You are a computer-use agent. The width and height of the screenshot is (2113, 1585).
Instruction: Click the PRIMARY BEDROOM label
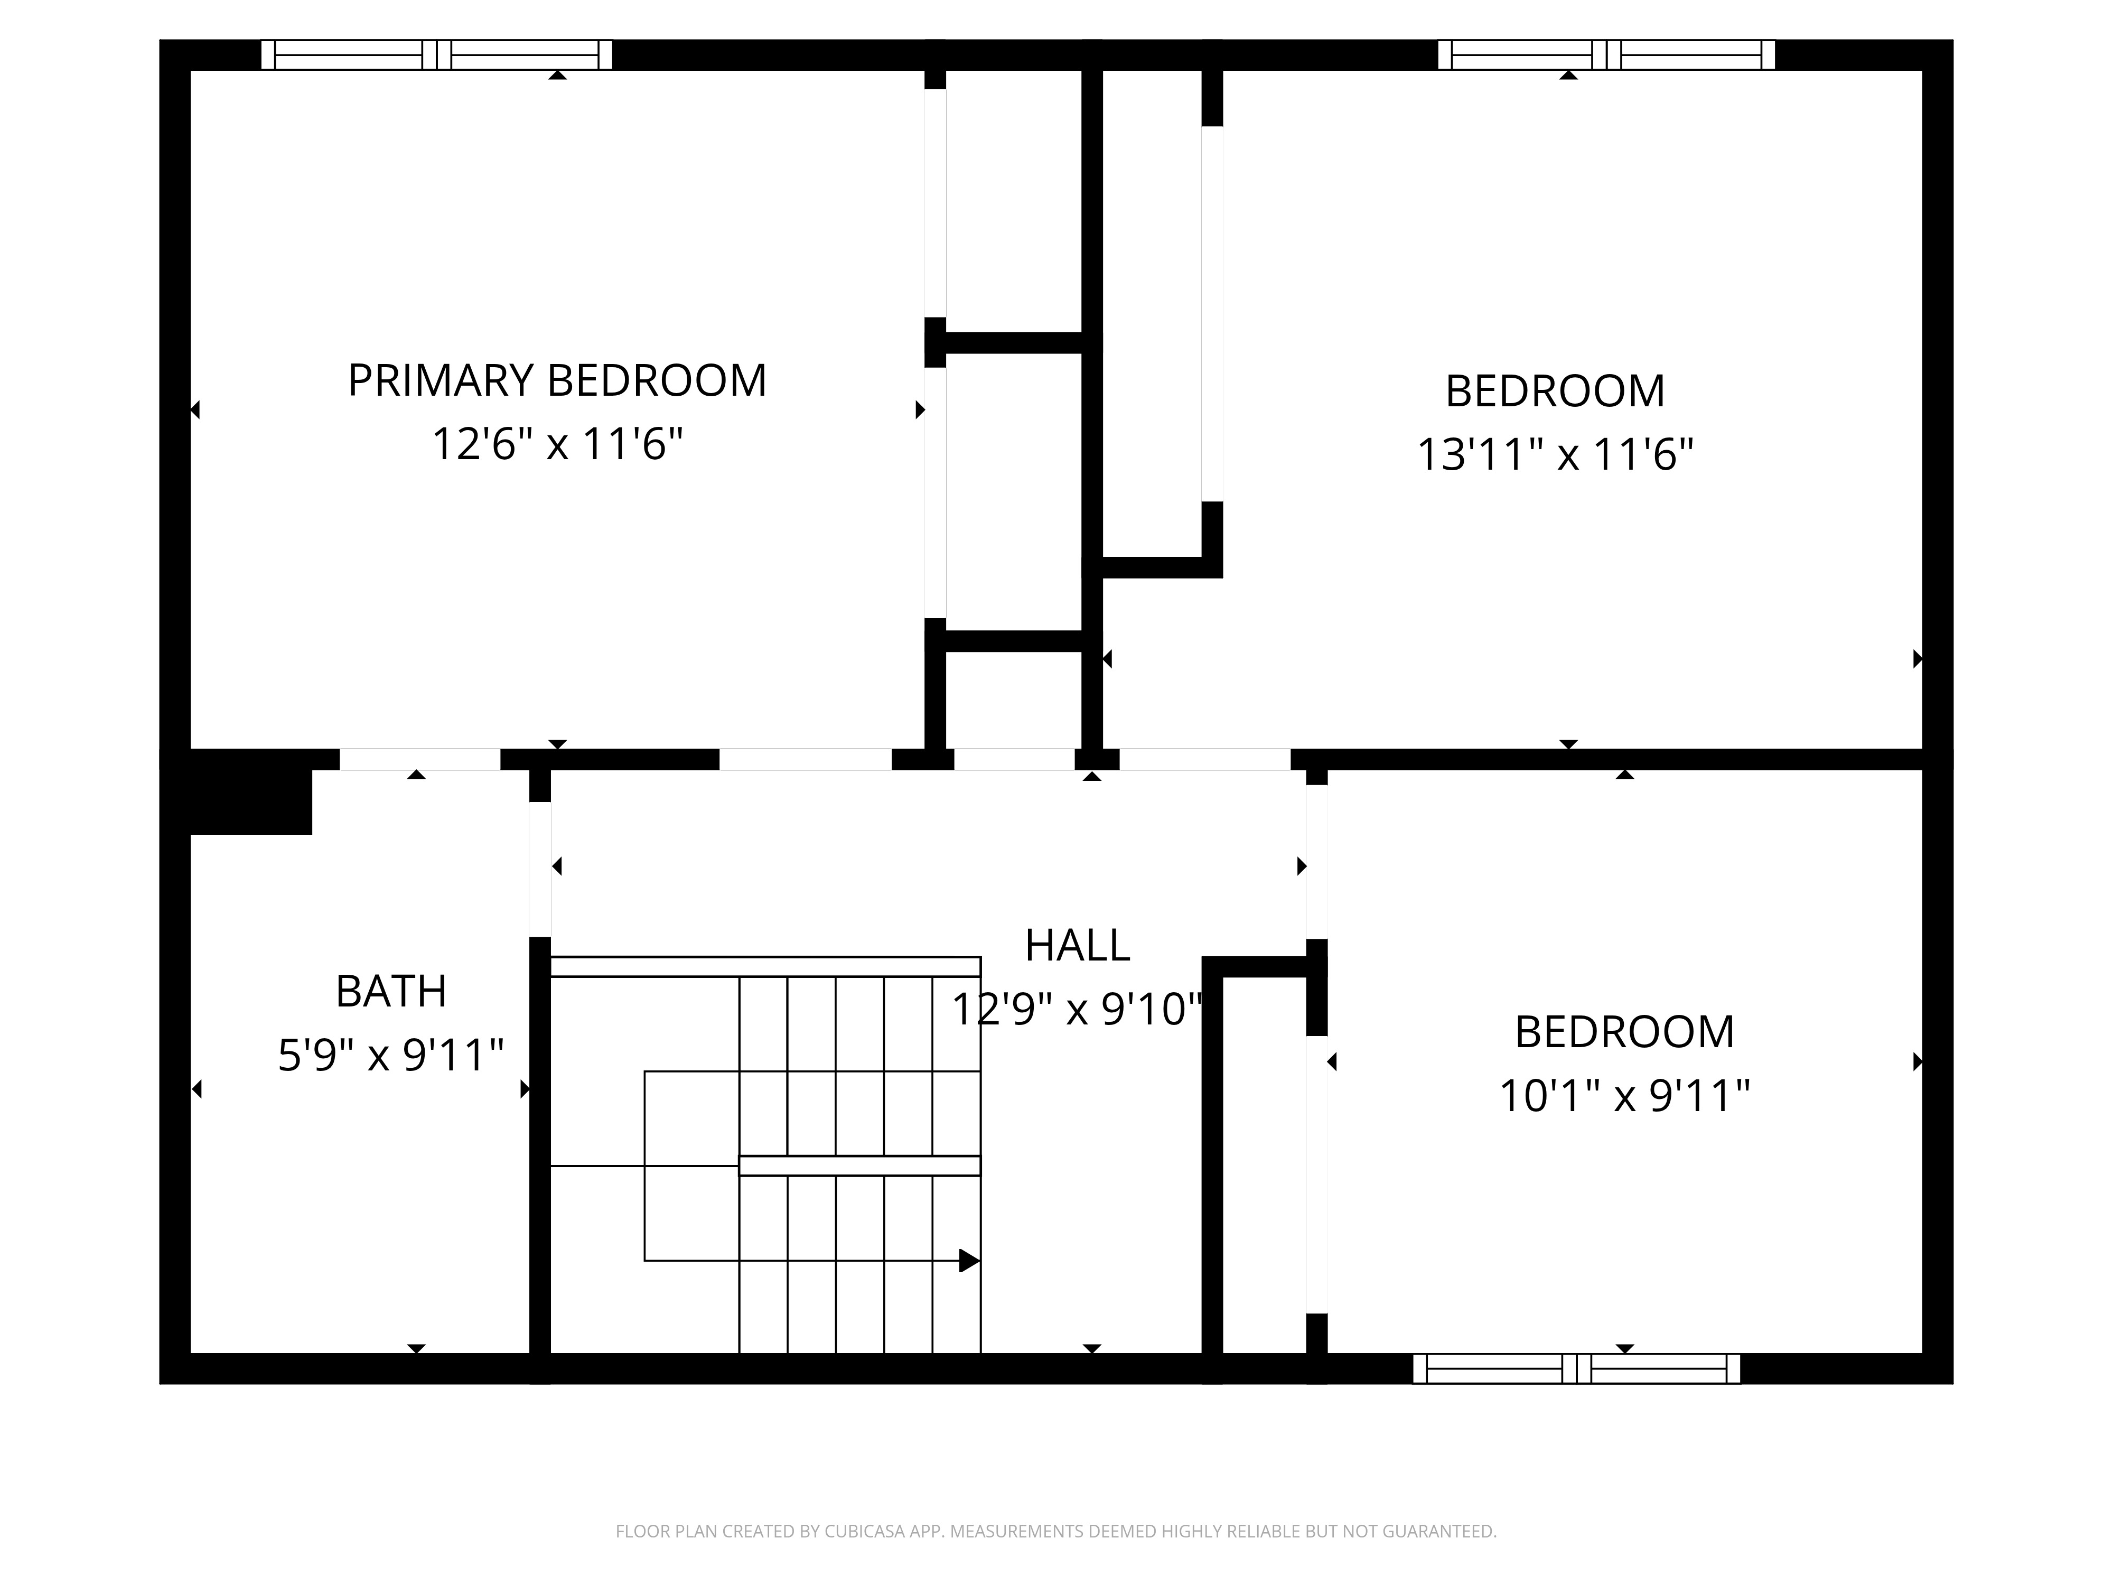557,380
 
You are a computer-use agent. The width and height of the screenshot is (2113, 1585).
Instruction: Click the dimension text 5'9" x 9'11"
391,1056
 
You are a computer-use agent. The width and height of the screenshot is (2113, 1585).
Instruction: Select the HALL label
1077,946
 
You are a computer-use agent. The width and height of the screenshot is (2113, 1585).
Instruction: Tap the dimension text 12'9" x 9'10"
1077,1010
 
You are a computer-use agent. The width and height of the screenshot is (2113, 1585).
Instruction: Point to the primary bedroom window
436,54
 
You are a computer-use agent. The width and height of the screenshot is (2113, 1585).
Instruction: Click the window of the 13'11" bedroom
1606,54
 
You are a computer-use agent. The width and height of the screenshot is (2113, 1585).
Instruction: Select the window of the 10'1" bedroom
1576,1368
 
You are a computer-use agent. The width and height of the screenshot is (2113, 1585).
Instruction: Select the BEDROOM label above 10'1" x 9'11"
1624,1032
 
